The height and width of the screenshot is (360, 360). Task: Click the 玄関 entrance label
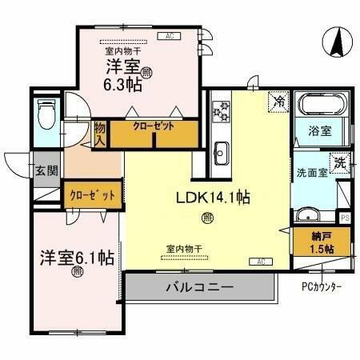[x=45, y=170]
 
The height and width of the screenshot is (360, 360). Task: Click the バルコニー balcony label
[x=199, y=286]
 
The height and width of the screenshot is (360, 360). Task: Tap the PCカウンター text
[x=322, y=287]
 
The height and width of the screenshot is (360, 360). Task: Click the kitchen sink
[x=222, y=150]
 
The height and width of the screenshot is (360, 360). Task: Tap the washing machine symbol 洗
[x=341, y=162]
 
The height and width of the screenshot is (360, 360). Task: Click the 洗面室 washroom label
[x=312, y=172]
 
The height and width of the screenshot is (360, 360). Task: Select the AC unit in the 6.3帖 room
[x=169, y=36]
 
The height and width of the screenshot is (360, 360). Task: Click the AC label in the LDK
[x=261, y=261]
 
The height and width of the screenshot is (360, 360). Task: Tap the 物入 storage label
[x=100, y=134]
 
